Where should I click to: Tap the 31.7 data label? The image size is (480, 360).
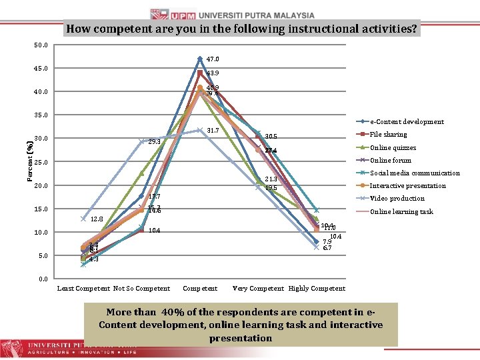(213, 130)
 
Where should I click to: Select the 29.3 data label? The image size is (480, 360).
(154, 142)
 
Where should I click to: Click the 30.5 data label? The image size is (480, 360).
(271, 137)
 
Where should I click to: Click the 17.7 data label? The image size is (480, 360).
(154, 197)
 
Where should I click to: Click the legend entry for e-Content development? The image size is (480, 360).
(407, 122)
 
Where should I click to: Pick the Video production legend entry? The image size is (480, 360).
(397, 198)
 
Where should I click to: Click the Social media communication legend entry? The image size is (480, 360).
(415, 173)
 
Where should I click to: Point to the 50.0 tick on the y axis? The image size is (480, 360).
(41, 45)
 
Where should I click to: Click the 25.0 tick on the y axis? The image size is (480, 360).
(41, 162)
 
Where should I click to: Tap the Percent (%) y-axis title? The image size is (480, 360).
(31, 161)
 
